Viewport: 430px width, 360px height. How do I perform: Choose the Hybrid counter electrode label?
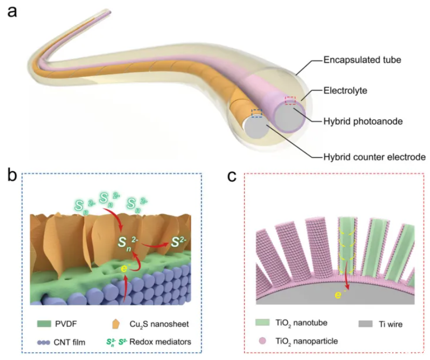374,156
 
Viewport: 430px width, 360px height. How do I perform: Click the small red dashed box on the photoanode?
290,100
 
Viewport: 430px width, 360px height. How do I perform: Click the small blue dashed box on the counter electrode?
257,113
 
